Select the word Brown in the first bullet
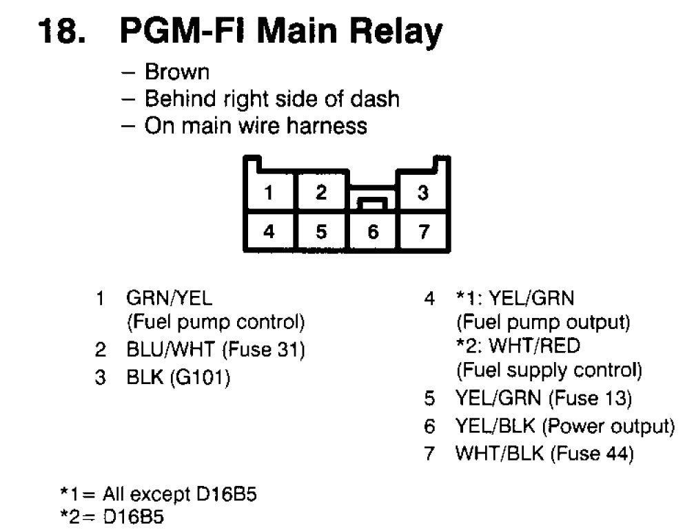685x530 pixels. point(176,72)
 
